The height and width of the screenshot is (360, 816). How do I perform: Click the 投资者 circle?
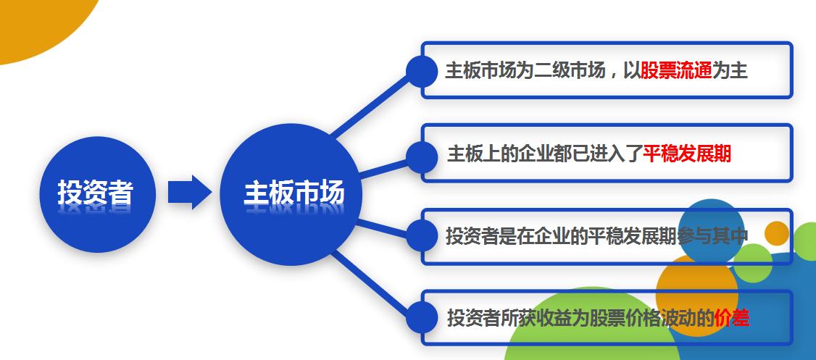coord(96,194)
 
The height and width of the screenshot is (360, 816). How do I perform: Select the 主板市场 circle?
coord(291,194)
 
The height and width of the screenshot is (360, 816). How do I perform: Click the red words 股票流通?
coord(676,71)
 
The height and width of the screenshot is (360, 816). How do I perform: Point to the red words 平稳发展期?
coord(687,154)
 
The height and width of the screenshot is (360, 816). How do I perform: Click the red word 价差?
coord(731,318)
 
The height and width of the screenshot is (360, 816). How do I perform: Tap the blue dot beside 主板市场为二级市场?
coord(421,71)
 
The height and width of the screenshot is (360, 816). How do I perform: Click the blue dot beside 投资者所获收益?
coord(421,317)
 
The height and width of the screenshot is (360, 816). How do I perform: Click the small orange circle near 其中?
coord(776,233)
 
